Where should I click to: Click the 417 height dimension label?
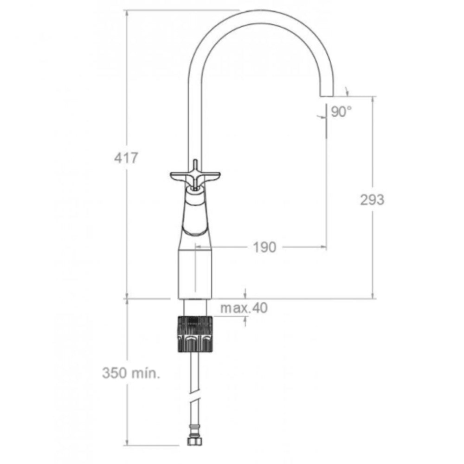tap(126, 158)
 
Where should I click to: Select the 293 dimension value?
tap(372, 200)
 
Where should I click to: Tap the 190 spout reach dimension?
tap(264, 247)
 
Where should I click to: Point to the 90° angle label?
tap(342, 112)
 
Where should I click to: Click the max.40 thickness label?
tap(244, 308)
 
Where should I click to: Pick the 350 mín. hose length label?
tap(131, 374)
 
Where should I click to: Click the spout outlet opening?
tap(326, 96)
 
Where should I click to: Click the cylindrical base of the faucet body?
tap(195, 274)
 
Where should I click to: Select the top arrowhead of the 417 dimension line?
tap(127, 13)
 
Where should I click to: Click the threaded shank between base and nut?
tap(195, 307)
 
